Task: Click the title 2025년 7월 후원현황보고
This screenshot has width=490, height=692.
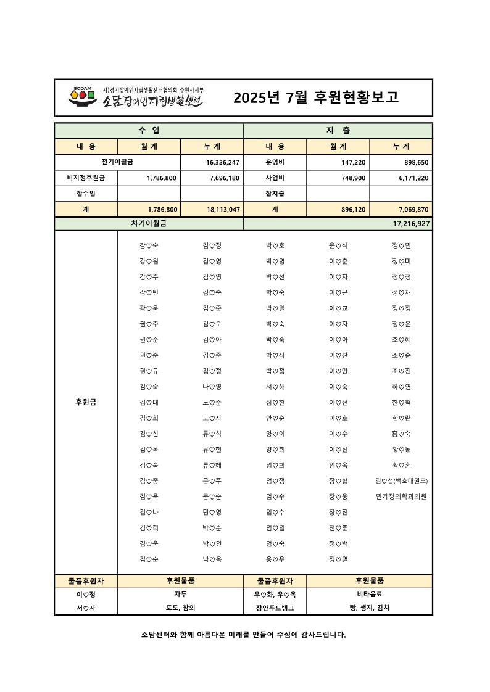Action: (316, 97)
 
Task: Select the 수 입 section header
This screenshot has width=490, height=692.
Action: (149, 131)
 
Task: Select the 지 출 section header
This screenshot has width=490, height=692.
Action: (338, 131)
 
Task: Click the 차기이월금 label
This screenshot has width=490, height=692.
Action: (149, 223)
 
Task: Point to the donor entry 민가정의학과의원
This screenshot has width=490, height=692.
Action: (401, 496)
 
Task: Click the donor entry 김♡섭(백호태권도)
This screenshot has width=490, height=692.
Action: (401, 480)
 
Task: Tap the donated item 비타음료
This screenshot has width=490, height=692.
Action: (369, 595)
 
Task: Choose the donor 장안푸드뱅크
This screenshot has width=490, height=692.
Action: (275, 608)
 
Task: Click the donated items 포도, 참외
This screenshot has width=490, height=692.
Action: (180, 608)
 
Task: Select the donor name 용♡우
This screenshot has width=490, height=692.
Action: (275, 559)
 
